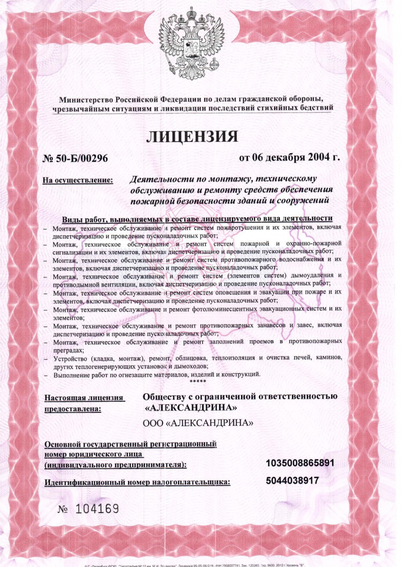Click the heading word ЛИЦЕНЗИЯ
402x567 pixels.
[191, 137]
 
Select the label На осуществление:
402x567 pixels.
[78, 180]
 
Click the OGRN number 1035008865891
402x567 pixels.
[300, 463]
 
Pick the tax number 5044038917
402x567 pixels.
[292, 481]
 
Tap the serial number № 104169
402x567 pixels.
[87, 509]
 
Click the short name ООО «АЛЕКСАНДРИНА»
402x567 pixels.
[198, 422]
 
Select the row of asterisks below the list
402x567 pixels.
[197, 381]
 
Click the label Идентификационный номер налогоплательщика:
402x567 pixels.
[137, 482]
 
